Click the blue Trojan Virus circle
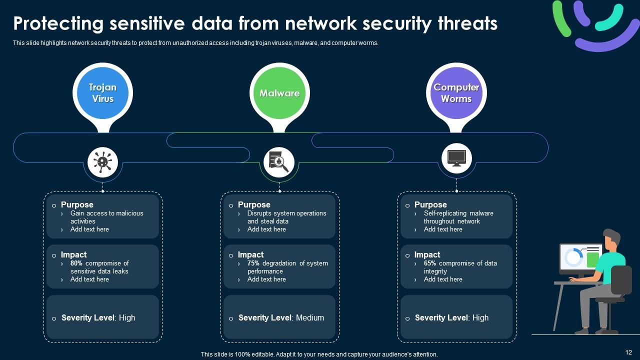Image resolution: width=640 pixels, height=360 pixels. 102,93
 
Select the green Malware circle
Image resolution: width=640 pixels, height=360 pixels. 279,93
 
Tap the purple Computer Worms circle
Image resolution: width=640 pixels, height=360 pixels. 456,93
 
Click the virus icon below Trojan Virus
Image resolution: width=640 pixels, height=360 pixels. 102,161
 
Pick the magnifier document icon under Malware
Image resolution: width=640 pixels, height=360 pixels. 279,161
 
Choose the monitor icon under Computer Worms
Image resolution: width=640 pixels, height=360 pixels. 456,158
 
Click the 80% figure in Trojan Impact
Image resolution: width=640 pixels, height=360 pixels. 76,263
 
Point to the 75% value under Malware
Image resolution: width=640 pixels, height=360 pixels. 253,263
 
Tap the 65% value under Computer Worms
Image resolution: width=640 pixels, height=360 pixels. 430,263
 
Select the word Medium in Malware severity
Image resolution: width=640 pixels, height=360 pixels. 310,317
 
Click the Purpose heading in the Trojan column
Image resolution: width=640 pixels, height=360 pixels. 77,204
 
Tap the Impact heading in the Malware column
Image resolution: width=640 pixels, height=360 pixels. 250,254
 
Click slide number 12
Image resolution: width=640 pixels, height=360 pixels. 629,352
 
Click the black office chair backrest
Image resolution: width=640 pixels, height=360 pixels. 621,280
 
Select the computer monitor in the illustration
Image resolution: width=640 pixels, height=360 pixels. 580,258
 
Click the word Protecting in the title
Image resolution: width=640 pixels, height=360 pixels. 58,23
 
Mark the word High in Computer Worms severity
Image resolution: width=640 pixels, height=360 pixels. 480,317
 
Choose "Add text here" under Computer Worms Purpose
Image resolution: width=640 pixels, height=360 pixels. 443,229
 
